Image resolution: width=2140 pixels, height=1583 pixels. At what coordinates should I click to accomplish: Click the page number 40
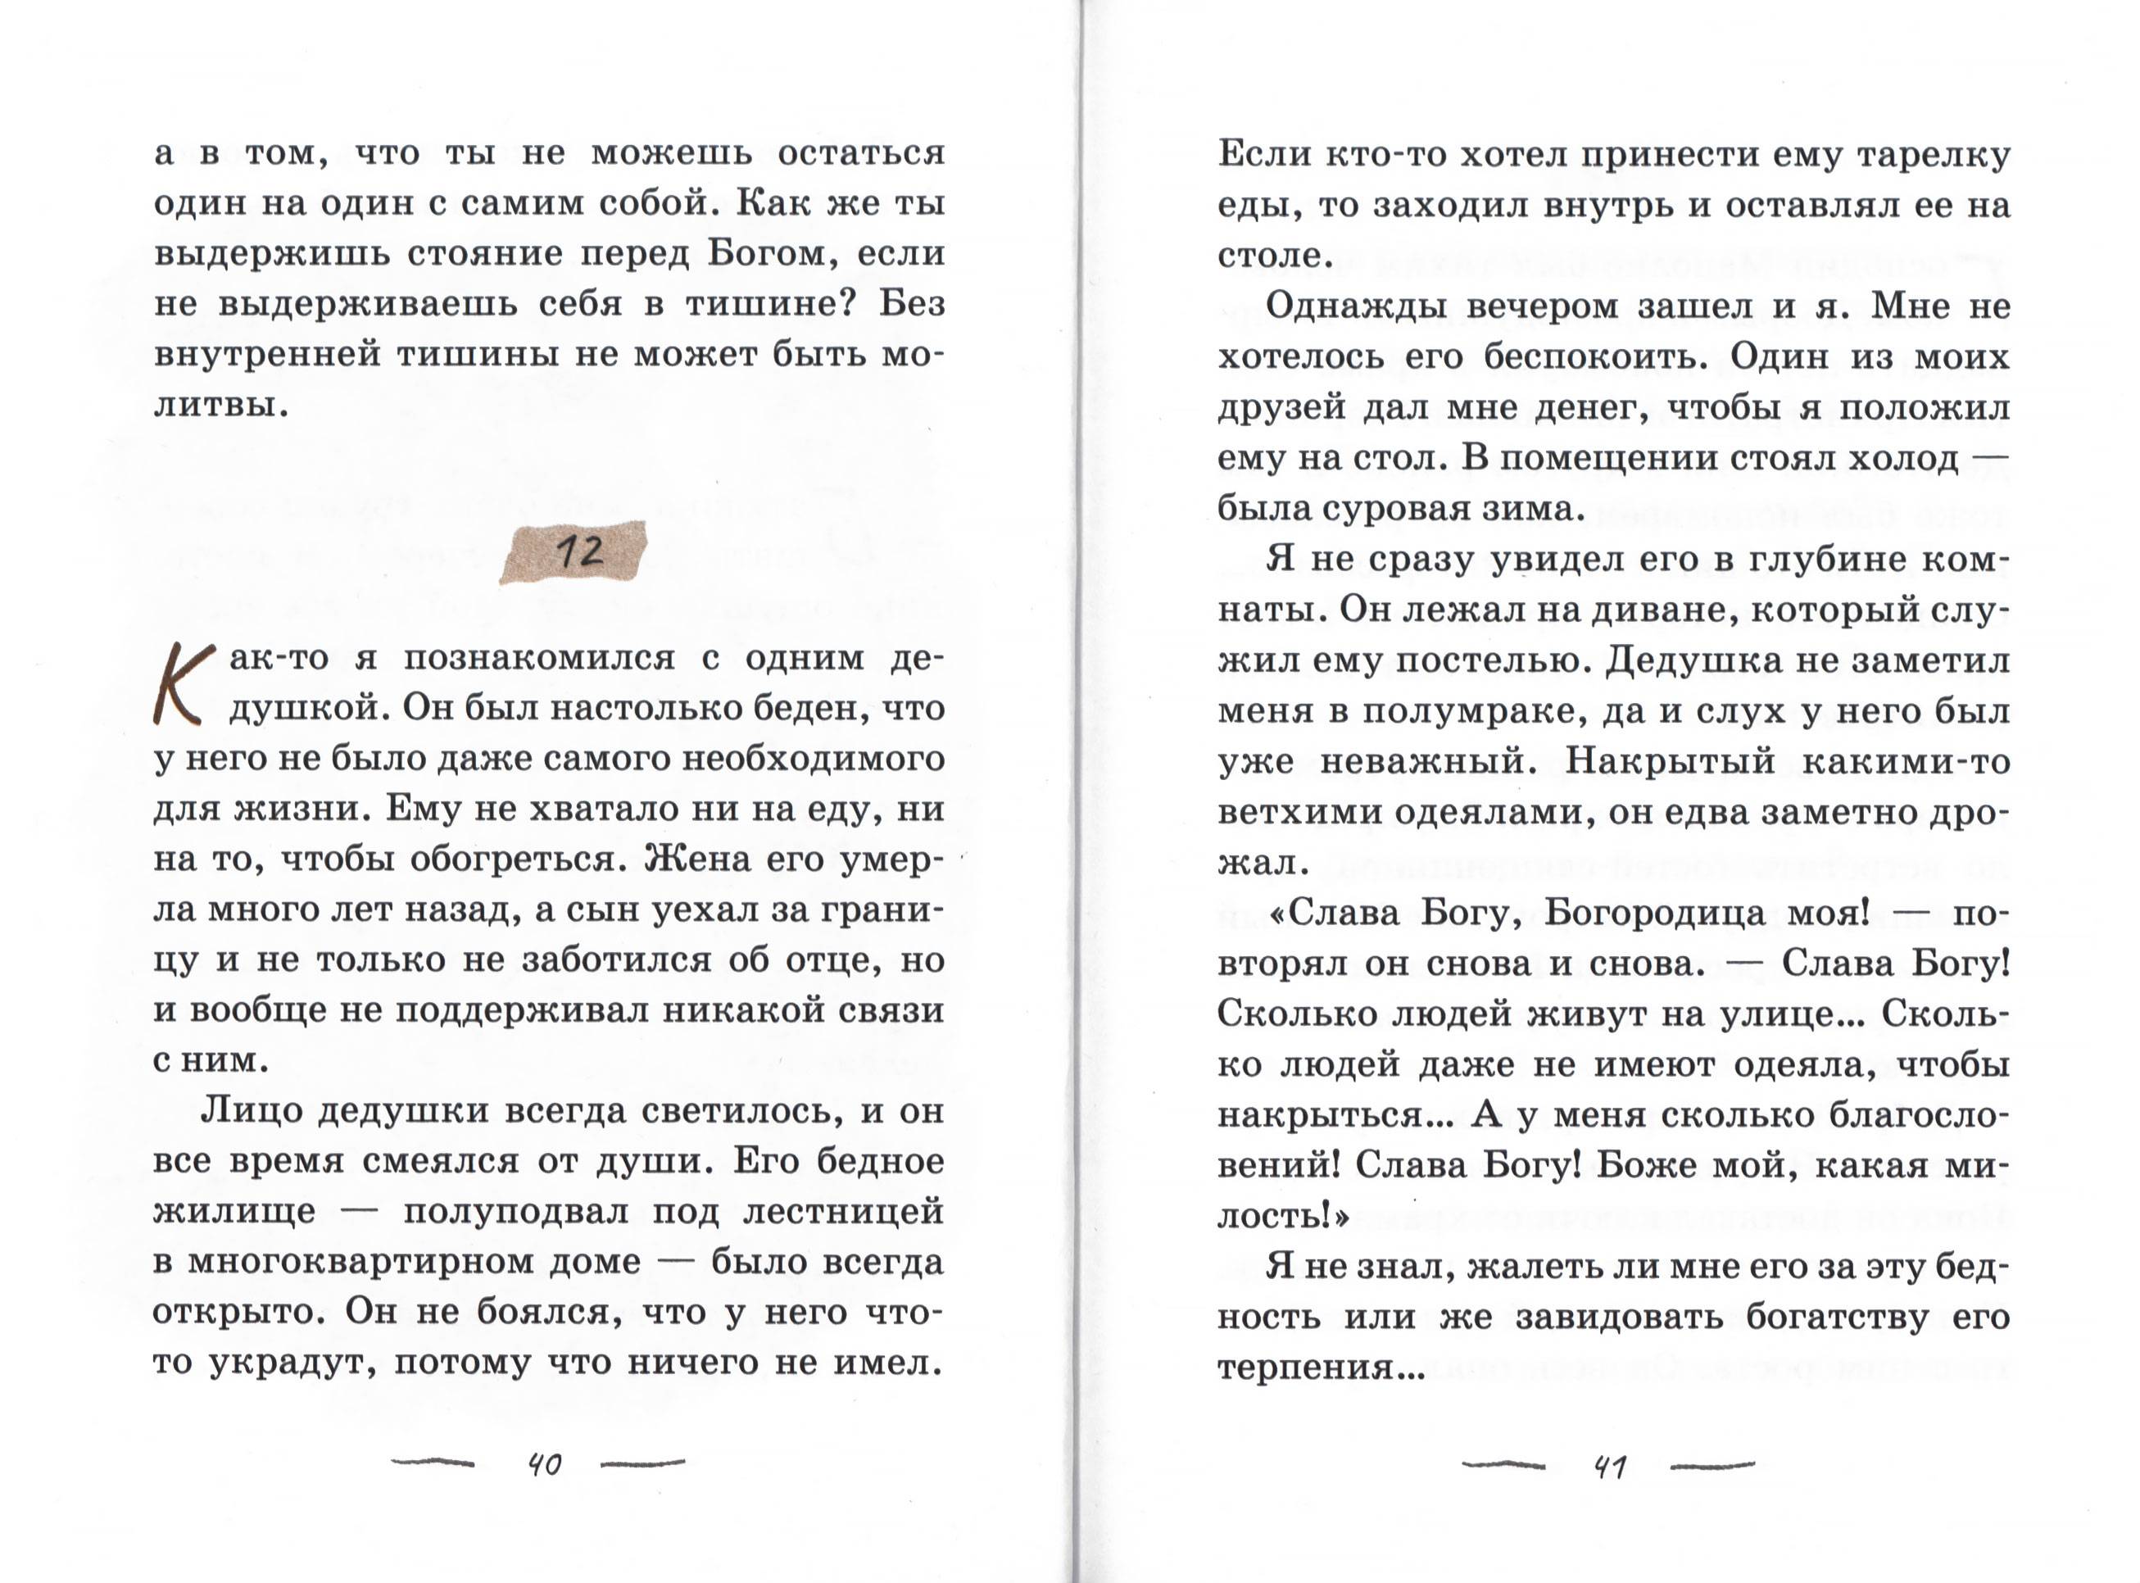[545, 1465]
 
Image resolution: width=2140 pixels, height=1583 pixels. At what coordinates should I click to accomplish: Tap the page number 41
[1609, 1467]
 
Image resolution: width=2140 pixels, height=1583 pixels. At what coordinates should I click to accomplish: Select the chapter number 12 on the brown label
[578, 552]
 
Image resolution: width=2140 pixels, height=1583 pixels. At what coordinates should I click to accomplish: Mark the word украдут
[288, 1363]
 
